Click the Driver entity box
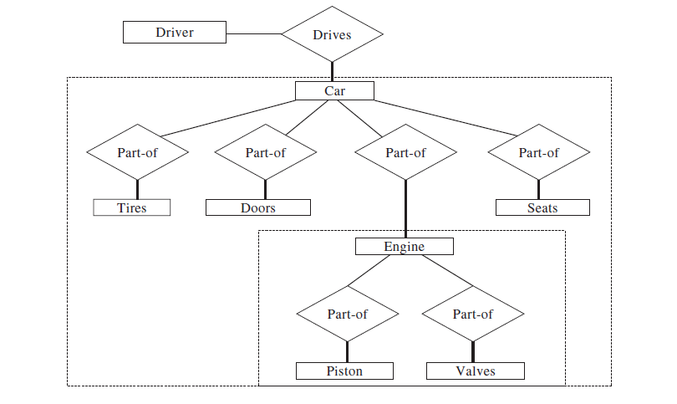pyautogui.click(x=175, y=33)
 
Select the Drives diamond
pyautogui.click(x=332, y=34)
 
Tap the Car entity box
pyautogui.click(x=334, y=90)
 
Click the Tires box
pyautogui.click(x=131, y=207)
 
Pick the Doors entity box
pyautogui.click(x=258, y=207)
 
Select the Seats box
pyautogui.click(x=542, y=207)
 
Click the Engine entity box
pyautogui.click(x=404, y=247)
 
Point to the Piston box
pyautogui.click(x=344, y=371)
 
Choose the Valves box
pyautogui.click(x=476, y=371)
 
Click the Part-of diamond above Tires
pyautogui.click(x=137, y=152)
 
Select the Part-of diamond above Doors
pyautogui.click(x=265, y=152)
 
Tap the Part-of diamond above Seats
pyautogui.click(x=538, y=152)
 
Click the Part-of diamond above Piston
pyautogui.click(x=347, y=314)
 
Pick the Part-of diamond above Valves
pyautogui.click(x=472, y=314)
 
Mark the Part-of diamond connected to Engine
pyautogui.click(x=405, y=152)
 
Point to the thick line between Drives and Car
pyautogui.click(x=332, y=71)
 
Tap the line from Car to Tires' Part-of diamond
pyautogui.click(x=226, y=118)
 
